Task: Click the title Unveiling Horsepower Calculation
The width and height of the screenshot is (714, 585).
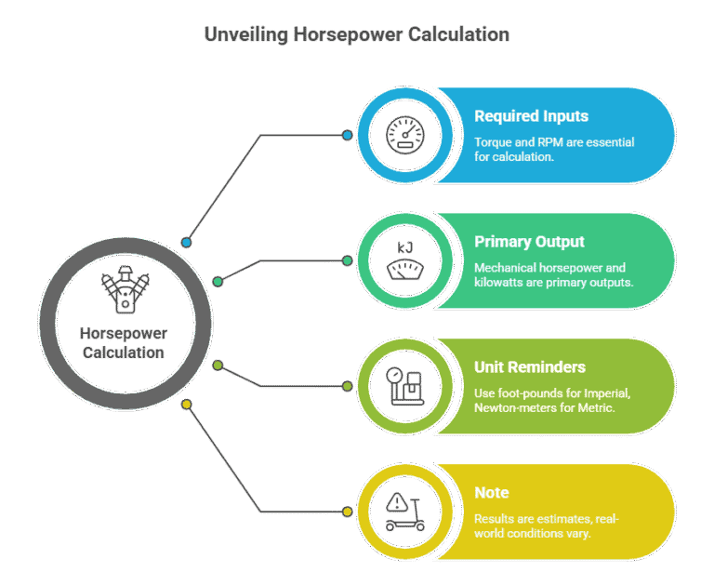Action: pos(357,34)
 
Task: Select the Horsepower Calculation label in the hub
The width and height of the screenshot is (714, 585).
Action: pos(124,343)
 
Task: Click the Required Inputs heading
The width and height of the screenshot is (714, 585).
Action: pos(531,116)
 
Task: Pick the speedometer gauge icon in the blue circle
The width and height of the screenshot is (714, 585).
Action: pos(405,135)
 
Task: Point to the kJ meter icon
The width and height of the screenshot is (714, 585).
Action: pos(405,260)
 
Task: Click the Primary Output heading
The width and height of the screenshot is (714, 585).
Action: pos(529,242)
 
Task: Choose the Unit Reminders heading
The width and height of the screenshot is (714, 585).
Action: pos(530,366)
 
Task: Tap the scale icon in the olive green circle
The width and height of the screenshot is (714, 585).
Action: pos(405,386)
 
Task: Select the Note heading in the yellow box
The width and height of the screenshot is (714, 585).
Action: pos(491,493)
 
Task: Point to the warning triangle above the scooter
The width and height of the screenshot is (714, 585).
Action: pos(398,502)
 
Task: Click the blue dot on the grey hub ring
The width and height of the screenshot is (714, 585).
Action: pos(186,243)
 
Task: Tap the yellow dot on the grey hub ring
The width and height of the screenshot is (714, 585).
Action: pos(187,405)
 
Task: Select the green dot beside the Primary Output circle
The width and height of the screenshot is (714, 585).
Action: pos(347,260)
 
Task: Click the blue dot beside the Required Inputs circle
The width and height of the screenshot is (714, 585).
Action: pos(347,135)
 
